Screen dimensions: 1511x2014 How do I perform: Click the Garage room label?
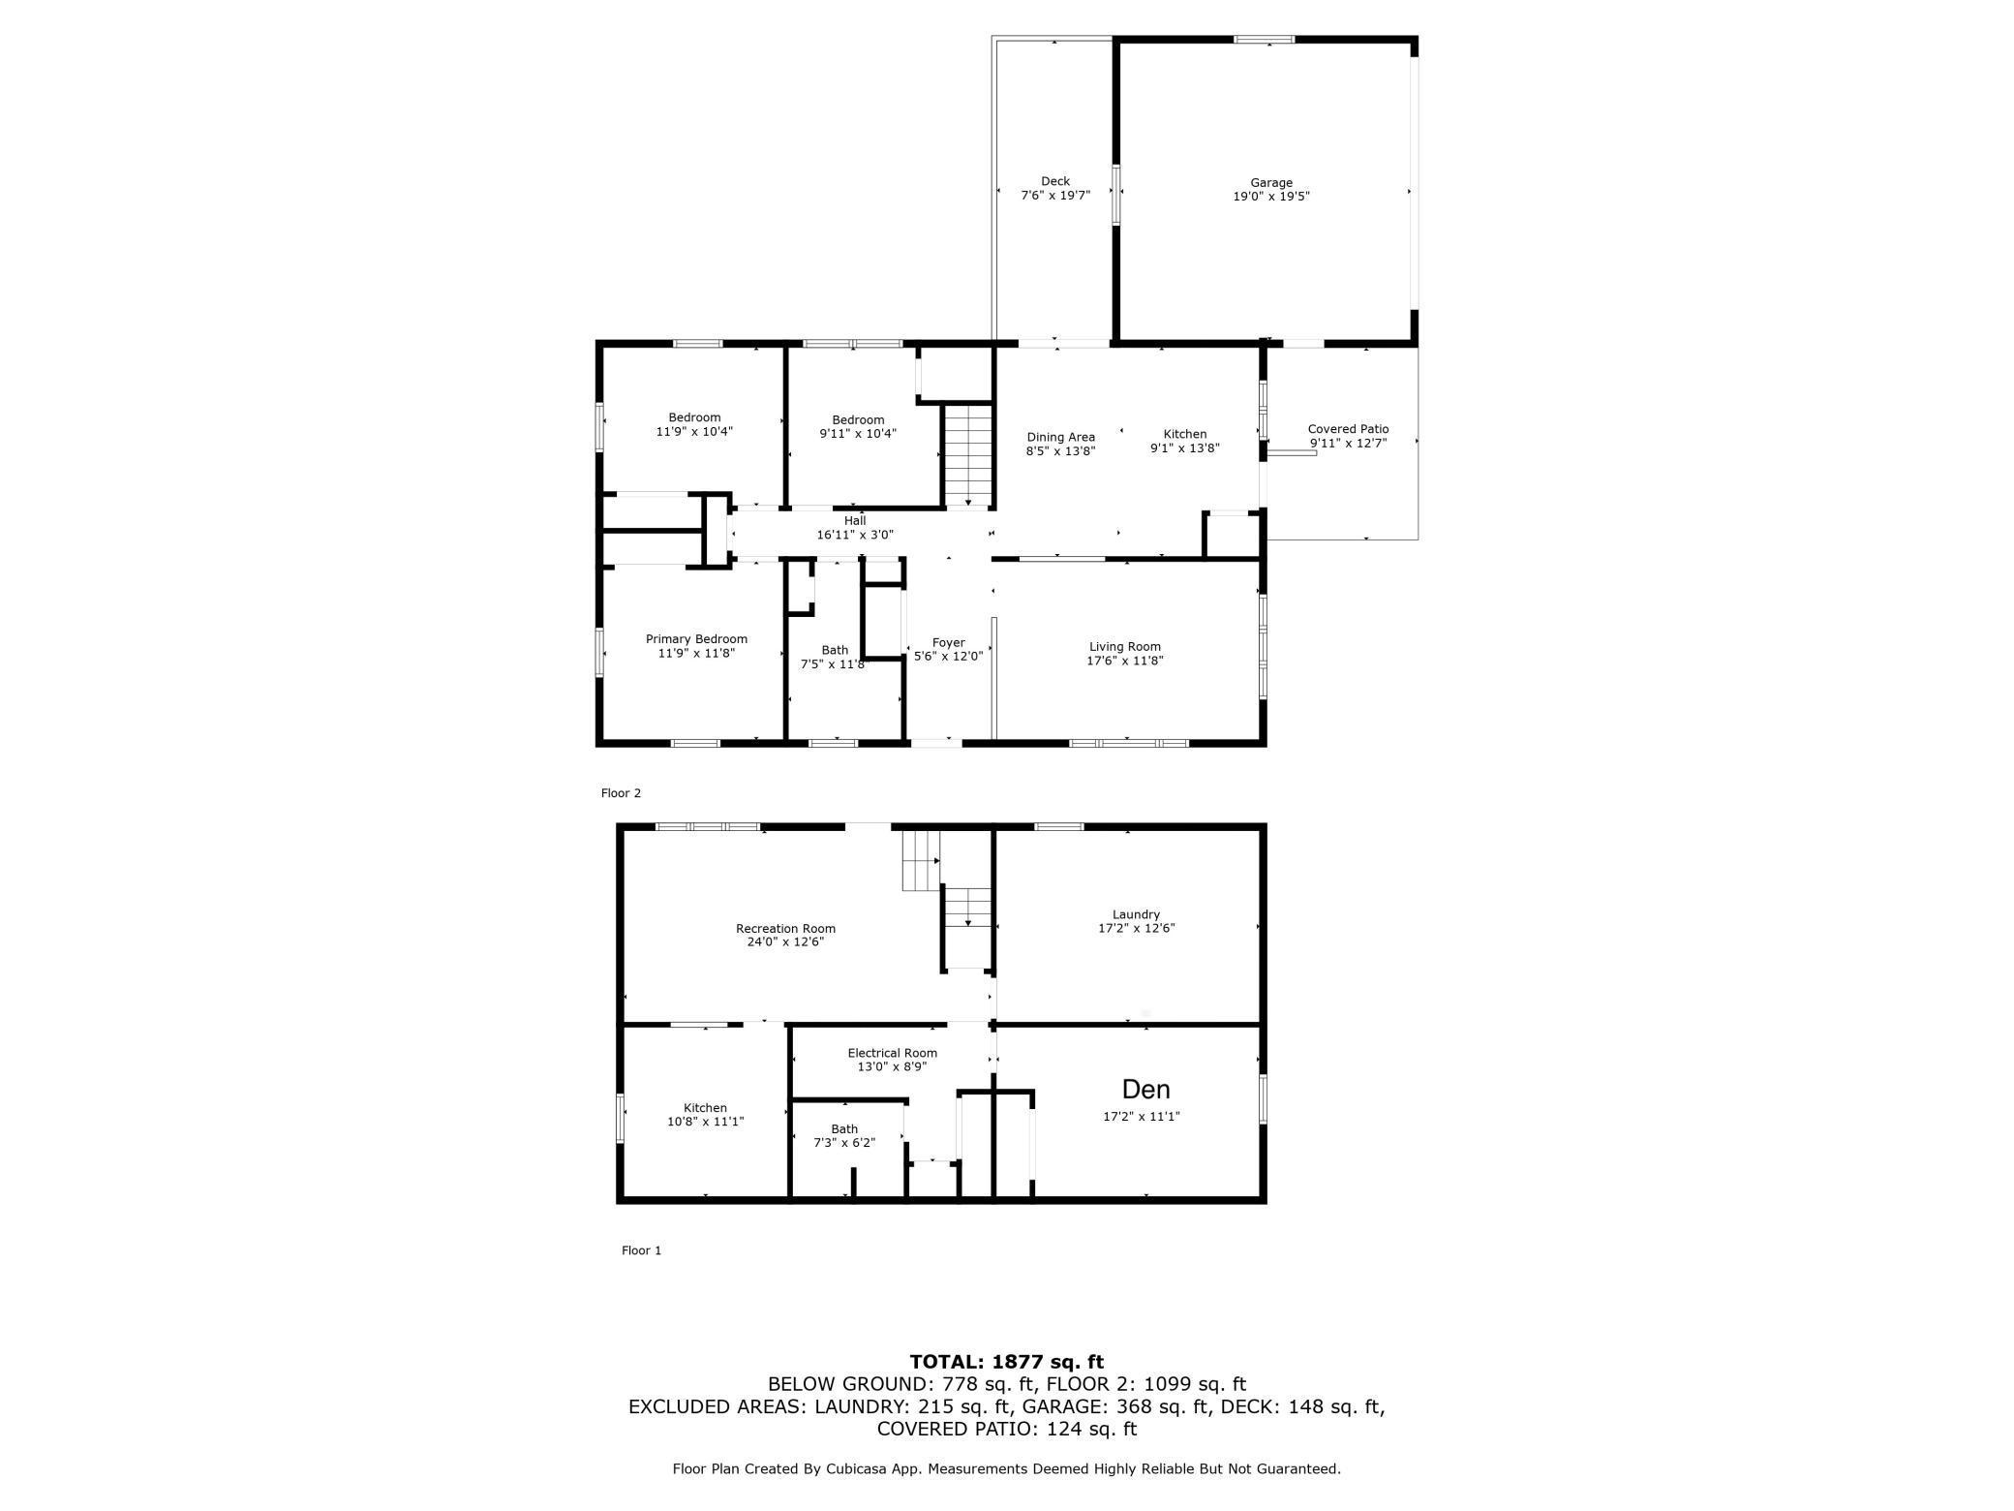[x=1270, y=182]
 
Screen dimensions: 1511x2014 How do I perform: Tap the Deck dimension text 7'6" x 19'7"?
[x=1055, y=196]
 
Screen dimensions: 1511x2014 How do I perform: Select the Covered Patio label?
[x=1348, y=429]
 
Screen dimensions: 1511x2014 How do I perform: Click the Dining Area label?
[x=1060, y=437]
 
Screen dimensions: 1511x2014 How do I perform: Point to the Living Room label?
[x=1124, y=647]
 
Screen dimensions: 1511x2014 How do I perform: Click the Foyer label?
[x=948, y=642]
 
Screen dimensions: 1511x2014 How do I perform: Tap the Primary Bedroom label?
[x=696, y=639]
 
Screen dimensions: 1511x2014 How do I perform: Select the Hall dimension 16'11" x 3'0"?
[x=854, y=535]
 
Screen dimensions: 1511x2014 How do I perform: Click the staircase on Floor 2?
[x=968, y=453]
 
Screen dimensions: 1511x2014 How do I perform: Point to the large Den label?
[x=1145, y=1090]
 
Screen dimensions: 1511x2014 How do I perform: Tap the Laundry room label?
[x=1136, y=914]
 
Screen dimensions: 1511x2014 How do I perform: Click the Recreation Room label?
[x=785, y=929]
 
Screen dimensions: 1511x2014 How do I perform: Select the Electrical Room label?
[x=892, y=1053]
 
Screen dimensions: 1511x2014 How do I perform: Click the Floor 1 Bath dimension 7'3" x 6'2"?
[x=843, y=1143]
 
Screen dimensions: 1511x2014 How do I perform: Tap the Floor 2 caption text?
[x=621, y=793]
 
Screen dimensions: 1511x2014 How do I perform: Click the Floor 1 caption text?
[x=641, y=1250]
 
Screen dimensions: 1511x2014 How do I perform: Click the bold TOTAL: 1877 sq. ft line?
[x=1006, y=1362]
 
